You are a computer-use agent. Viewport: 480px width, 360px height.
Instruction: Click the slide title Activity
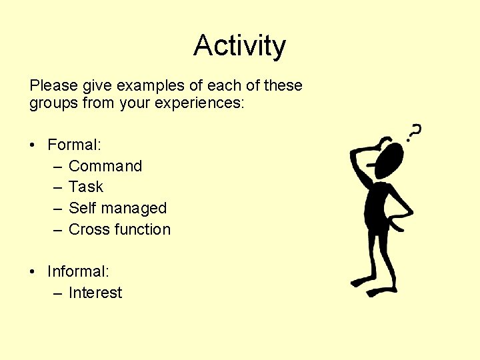point(239,46)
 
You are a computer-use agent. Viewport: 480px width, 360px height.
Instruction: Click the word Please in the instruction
point(50,86)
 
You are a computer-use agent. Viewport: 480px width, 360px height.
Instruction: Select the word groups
point(53,104)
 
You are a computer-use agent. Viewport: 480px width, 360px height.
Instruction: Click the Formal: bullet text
point(74,145)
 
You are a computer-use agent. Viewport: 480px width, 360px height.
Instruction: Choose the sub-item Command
point(105,166)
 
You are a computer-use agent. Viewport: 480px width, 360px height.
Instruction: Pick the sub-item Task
point(86,187)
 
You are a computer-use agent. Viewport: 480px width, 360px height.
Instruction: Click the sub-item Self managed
point(117,208)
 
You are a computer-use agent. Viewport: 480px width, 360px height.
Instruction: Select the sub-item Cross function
point(119,229)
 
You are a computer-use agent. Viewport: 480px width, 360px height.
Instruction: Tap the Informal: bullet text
point(79,271)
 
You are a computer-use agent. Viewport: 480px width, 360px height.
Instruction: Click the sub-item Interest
point(95,293)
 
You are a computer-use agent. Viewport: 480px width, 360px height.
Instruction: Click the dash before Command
point(57,167)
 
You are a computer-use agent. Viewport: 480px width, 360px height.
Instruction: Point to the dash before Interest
point(57,293)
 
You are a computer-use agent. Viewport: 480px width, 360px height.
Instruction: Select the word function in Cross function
point(144,229)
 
